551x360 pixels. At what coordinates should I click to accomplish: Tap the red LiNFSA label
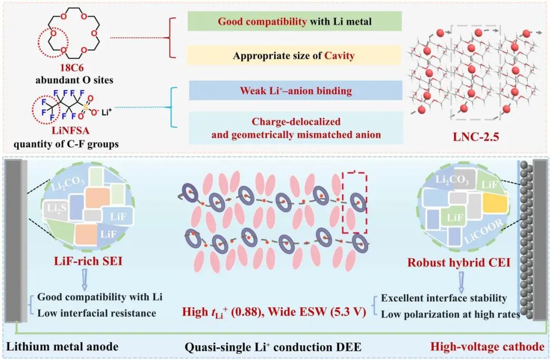click(x=70, y=131)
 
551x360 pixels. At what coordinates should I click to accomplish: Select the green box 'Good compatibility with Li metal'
click(x=294, y=21)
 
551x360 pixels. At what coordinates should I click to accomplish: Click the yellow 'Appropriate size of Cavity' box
click(x=294, y=55)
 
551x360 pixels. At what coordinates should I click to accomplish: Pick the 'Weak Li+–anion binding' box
click(x=295, y=90)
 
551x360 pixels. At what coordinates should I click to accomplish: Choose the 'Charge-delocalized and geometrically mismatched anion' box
click(x=296, y=128)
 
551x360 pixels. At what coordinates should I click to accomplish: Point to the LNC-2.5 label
click(x=476, y=136)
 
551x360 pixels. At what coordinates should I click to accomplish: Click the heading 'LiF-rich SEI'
click(x=88, y=261)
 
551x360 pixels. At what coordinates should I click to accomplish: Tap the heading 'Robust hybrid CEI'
click(x=459, y=262)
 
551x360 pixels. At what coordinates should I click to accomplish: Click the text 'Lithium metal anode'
click(x=63, y=346)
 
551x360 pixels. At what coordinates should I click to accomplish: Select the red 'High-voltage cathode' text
click(x=487, y=347)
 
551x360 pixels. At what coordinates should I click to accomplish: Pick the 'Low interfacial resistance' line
click(x=96, y=313)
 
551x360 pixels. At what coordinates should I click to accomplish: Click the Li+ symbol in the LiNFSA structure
click(x=107, y=112)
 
